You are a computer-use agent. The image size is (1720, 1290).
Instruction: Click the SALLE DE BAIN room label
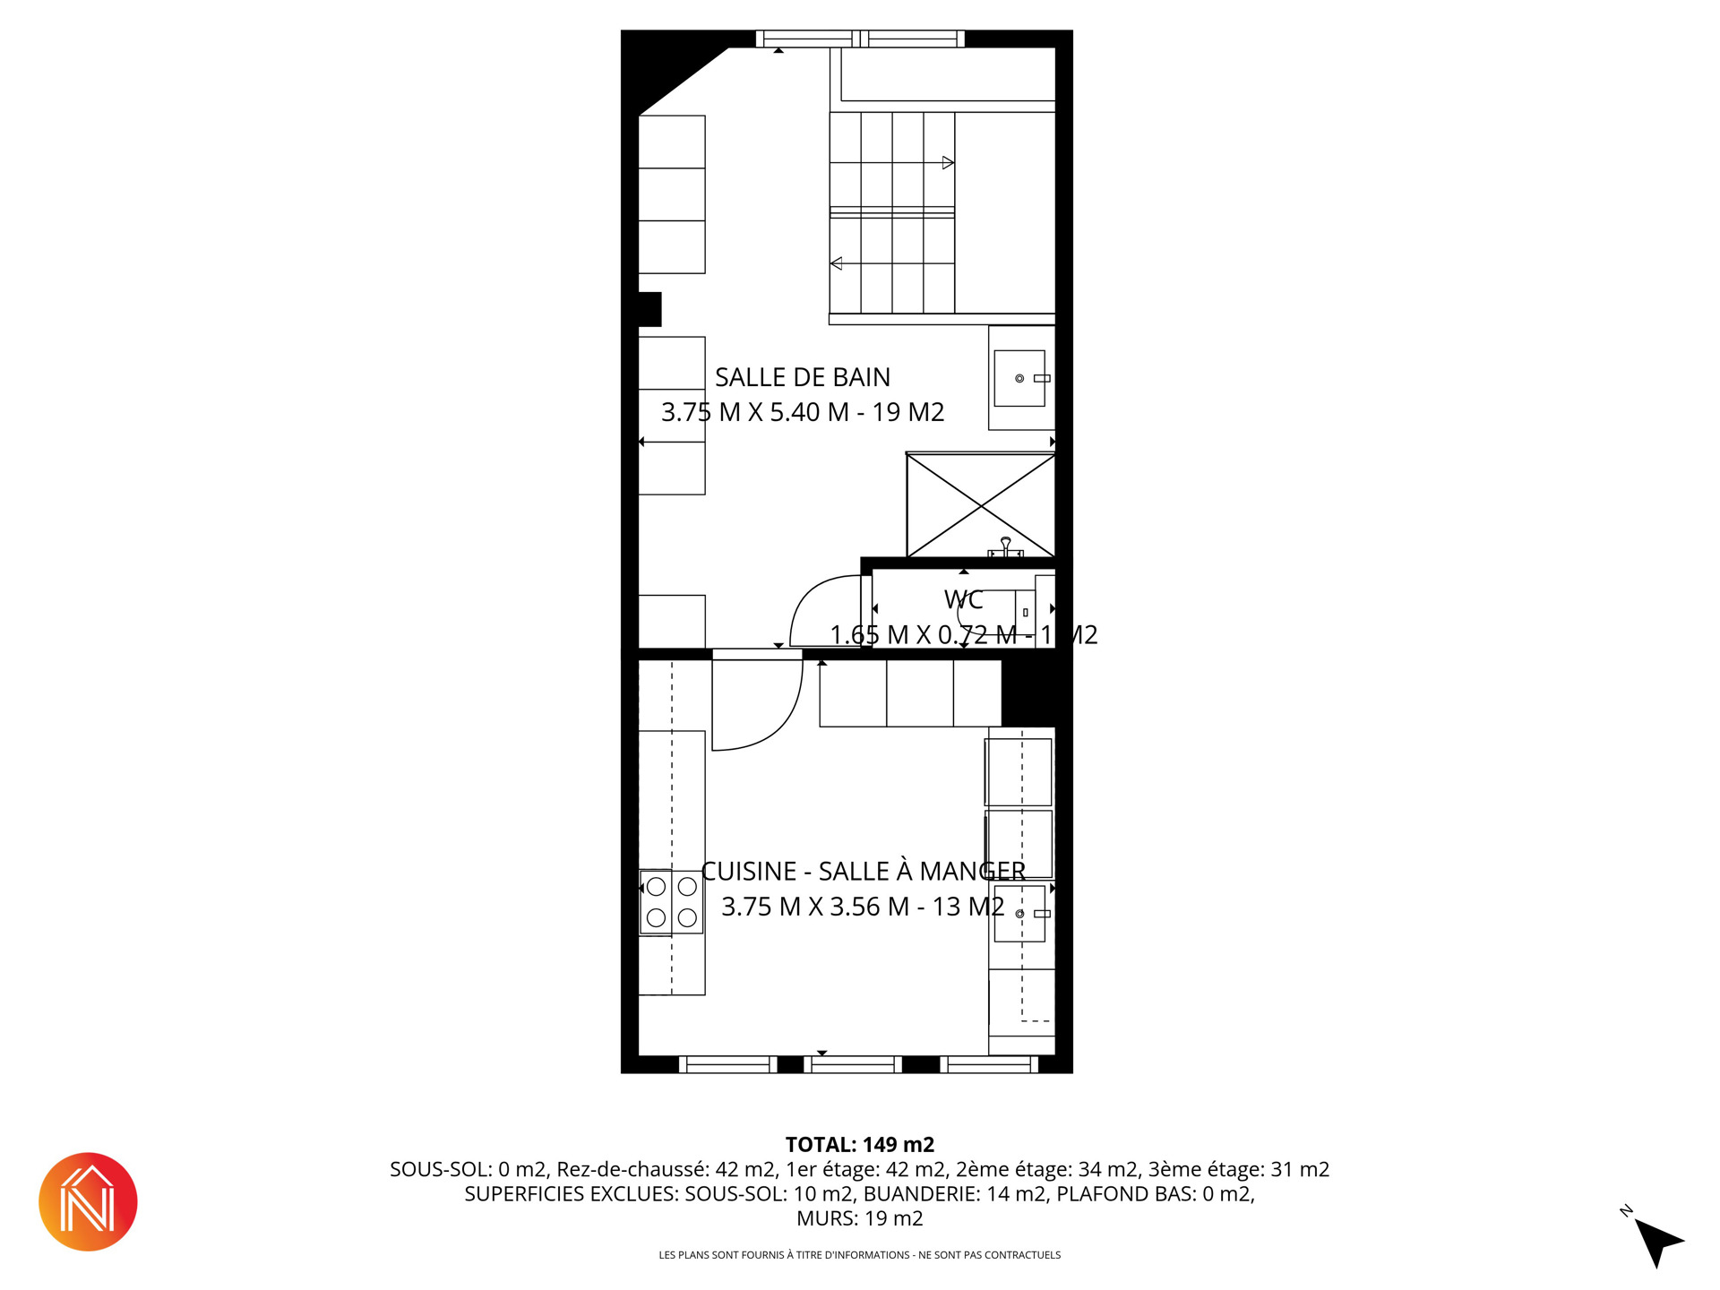click(803, 377)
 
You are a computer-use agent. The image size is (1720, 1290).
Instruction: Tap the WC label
click(964, 599)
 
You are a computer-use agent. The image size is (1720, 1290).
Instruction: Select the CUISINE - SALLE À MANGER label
click(864, 871)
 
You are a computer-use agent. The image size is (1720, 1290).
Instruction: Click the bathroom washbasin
click(1019, 378)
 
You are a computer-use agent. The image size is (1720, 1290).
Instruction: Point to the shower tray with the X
click(981, 506)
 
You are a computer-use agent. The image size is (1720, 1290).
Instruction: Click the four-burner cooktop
click(671, 902)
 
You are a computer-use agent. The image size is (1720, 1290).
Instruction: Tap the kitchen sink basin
click(1019, 914)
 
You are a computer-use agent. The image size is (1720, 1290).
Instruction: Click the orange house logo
click(88, 1201)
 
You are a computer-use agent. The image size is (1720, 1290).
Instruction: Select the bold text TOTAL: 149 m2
click(860, 1145)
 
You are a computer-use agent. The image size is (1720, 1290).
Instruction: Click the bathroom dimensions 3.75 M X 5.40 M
click(755, 412)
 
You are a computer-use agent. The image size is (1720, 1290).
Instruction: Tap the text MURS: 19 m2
click(860, 1218)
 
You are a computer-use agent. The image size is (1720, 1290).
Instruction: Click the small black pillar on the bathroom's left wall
click(649, 309)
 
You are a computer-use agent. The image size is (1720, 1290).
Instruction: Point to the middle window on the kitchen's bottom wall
click(853, 1065)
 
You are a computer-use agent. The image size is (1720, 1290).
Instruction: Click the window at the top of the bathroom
click(860, 39)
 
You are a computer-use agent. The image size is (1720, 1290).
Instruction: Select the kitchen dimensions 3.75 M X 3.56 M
click(815, 907)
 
